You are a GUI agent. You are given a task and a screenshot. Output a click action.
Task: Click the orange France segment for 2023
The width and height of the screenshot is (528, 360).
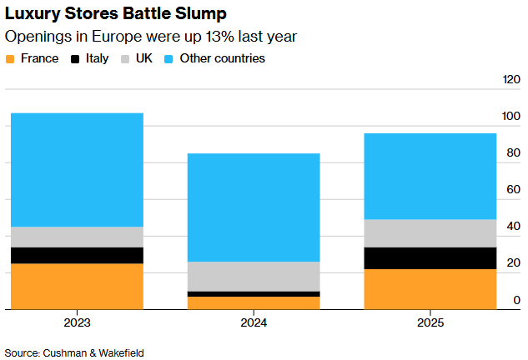(x=77, y=286)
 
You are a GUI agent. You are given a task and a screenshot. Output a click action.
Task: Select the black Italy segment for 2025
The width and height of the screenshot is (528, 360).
(x=430, y=258)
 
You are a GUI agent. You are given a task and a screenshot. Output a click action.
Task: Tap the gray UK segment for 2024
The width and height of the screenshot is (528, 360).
(x=254, y=276)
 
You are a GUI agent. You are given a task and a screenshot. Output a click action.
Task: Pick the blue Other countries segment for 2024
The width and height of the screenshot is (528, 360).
(x=254, y=207)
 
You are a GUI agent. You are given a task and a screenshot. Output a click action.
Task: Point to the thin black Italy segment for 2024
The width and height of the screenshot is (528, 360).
(x=254, y=294)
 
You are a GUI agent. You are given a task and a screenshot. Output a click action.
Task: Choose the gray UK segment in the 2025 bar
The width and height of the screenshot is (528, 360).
(x=430, y=233)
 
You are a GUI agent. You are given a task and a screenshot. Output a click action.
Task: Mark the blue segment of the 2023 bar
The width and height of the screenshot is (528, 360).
(x=77, y=170)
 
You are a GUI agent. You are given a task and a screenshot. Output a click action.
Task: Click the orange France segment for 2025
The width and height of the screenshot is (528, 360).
(x=430, y=288)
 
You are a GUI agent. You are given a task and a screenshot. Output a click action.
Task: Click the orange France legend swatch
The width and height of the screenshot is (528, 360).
(x=11, y=59)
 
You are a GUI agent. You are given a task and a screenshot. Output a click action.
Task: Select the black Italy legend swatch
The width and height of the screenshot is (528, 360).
(x=75, y=59)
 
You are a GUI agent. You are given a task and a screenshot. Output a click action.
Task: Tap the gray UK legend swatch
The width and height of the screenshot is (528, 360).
(x=126, y=59)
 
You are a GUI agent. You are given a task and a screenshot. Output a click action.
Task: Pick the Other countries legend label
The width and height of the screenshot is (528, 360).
(x=224, y=59)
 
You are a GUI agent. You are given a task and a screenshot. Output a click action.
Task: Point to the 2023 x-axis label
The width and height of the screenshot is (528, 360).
(x=77, y=322)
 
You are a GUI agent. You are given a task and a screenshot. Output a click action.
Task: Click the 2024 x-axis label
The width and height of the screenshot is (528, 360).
(x=254, y=322)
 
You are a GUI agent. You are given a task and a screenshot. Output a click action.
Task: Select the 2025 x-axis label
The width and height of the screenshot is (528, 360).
(x=430, y=322)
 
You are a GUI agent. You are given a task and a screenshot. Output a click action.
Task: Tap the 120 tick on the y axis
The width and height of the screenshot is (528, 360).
(x=510, y=80)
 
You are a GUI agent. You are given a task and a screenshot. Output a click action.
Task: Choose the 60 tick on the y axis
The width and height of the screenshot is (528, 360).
(x=514, y=190)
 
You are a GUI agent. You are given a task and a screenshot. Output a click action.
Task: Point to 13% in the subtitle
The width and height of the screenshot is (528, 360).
(x=211, y=37)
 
